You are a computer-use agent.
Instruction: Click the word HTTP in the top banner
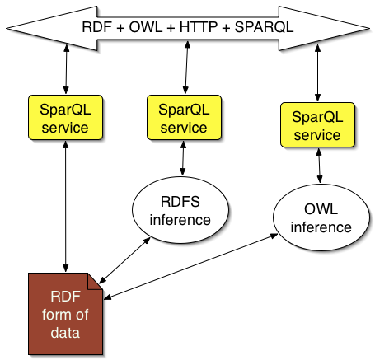pyautogui.click(x=199, y=27)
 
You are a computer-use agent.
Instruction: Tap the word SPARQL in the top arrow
pyautogui.click(x=265, y=27)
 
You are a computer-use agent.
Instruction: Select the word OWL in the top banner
pyautogui.click(x=146, y=27)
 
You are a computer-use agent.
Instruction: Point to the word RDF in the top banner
pyautogui.click(x=97, y=27)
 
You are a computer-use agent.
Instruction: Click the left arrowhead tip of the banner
pyautogui.click(x=7, y=28)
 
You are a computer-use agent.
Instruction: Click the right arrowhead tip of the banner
pyautogui.click(x=369, y=28)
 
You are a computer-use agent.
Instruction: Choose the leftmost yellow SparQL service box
pyautogui.click(x=65, y=118)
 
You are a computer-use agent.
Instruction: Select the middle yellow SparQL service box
pyautogui.click(x=184, y=118)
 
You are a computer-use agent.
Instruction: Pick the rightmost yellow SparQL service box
pyautogui.click(x=317, y=125)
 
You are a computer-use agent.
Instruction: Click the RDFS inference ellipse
pyautogui.click(x=180, y=210)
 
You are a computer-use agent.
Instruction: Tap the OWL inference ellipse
pyautogui.click(x=321, y=217)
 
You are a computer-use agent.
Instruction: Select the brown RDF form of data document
pyautogui.click(x=65, y=314)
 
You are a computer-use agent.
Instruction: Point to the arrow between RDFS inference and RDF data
pyautogui.click(x=124, y=260)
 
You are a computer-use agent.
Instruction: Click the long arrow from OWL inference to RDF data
pyautogui.click(x=190, y=266)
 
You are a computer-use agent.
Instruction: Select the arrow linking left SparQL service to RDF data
pyautogui.click(x=65, y=206)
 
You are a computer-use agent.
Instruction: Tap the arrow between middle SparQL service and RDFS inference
pyautogui.click(x=183, y=158)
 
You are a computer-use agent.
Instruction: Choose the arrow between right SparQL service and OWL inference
pyautogui.click(x=319, y=166)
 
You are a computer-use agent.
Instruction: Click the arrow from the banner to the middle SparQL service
pyautogui.click(x=186, y=68)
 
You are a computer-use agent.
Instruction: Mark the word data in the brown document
pyautogui.click(x=65, y=333)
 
